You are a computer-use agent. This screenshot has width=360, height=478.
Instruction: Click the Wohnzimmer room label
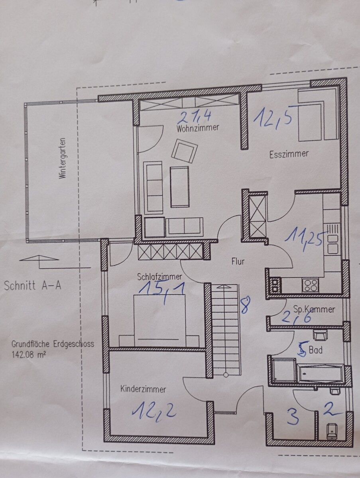click(x=198, y=128)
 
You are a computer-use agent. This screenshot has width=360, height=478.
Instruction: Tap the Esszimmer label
click(x=289, y=154)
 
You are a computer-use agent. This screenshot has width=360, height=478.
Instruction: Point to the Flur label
click(x=238, y=262)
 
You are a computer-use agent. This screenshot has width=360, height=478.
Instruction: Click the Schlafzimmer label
click(x=159, y=276)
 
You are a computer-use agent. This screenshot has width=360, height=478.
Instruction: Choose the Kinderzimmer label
click(x=143, y=389)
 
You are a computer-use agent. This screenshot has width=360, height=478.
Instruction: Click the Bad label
click(x=317, y=351)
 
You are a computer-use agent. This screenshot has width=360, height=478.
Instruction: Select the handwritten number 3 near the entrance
click(x=293, y=418)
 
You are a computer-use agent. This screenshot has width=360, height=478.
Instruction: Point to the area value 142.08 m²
click(x=28, y=352)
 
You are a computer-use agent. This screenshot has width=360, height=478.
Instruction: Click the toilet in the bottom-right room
click(x=332, y=431)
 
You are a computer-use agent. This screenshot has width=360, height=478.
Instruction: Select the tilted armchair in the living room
click(x=185, y=151)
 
